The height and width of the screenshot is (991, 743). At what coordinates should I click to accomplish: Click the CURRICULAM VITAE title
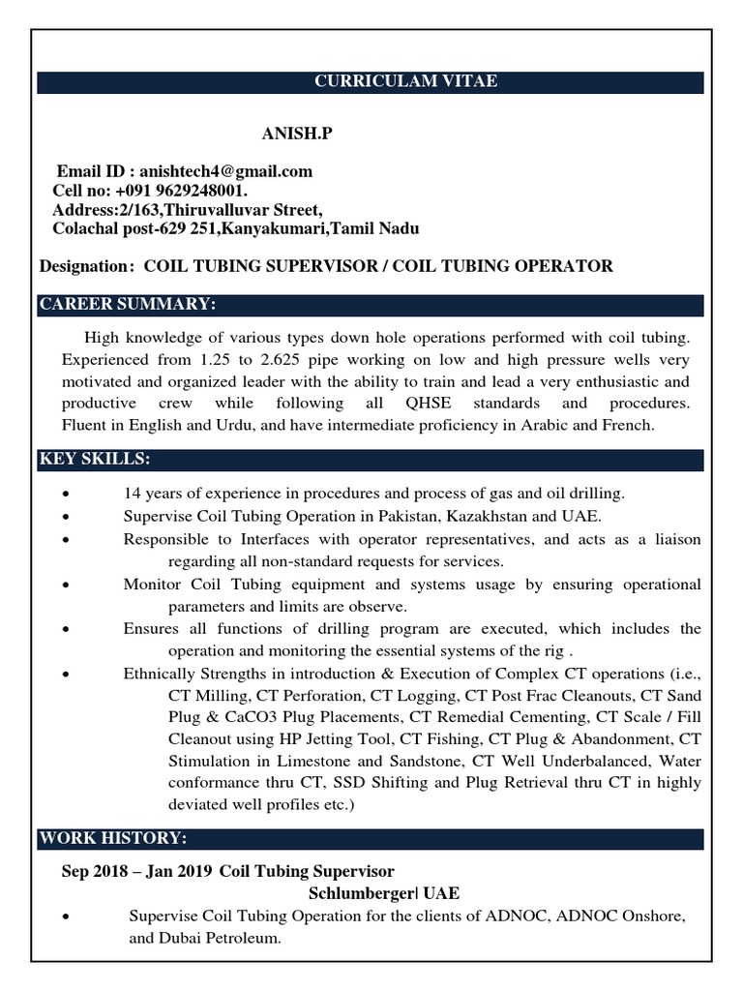(x=405, y=81)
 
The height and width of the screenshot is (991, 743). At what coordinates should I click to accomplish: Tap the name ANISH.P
(x=296, y=134)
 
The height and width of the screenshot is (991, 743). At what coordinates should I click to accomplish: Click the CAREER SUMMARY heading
(x=128, y=305)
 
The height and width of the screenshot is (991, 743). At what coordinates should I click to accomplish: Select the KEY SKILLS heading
(x=95, y=458)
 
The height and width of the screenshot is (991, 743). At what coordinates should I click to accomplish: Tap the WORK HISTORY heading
(x=113, y=837)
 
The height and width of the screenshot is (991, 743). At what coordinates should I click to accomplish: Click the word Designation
(x=84, y=266)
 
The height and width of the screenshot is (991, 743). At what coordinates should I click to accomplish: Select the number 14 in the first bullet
(x=133, y=493)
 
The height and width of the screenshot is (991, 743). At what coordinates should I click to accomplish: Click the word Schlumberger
(x=357, y=892)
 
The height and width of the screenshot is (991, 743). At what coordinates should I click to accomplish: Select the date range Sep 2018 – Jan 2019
(x=136, y=871)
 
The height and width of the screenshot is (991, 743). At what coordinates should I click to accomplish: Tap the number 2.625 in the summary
(x=248, y=359)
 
